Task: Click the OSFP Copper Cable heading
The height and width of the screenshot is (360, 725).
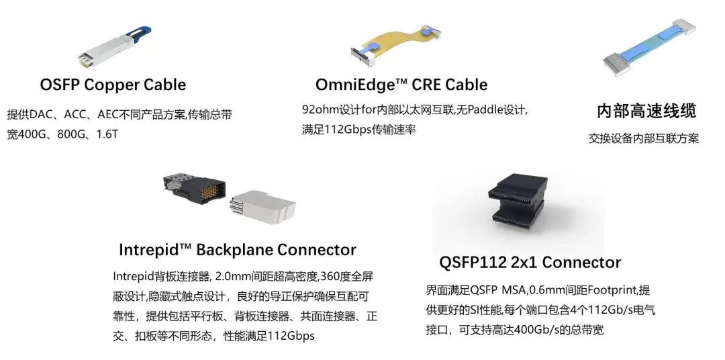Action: tap(113, 85)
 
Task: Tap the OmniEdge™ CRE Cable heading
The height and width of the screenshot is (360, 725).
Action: tap(401, 85)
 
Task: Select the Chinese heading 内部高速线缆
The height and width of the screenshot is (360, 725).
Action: tap(646, 111)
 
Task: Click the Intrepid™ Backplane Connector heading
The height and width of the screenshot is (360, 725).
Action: tap(237, 250)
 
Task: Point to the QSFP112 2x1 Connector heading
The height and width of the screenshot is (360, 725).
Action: tap(530, 262)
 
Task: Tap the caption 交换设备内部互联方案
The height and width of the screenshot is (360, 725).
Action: tap(644, 138)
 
